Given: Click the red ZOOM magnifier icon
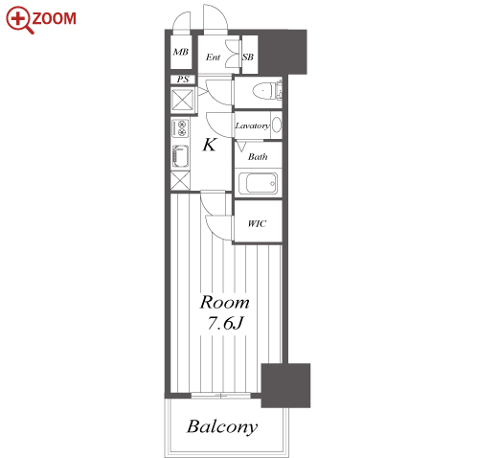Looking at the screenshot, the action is point(18,20).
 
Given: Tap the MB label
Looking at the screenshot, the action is point(181,52).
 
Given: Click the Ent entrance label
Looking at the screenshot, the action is point(213,57).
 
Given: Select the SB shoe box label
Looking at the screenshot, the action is point(248,57).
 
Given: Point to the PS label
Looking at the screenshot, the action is point(183,79).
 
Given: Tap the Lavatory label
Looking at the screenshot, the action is point(252,126).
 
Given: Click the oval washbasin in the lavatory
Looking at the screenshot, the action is point(277,125).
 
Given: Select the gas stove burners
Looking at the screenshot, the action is point(180,128).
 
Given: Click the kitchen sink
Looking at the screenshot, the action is point(180,156).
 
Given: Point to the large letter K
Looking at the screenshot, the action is point(210,145).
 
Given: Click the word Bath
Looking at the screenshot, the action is point(258,157).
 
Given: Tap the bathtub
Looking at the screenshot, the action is point(258,183).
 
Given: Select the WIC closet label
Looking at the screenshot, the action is point(257,223).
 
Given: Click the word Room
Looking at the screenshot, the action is point(224,302).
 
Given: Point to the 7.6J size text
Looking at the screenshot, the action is point(225,323).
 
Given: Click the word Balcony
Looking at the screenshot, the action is point(222,426).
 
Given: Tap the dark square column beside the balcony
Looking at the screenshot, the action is point(285,385).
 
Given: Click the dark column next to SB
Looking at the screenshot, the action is point(283,52).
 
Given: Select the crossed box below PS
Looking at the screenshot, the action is point(183,100).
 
